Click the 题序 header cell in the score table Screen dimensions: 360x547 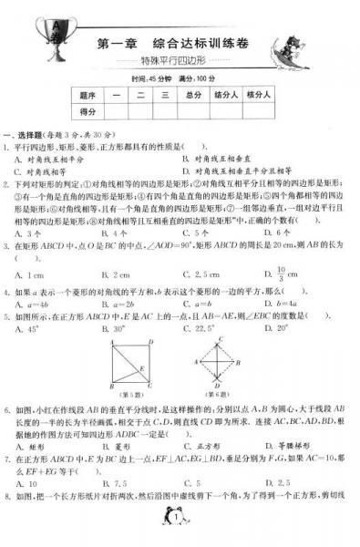point(88,94)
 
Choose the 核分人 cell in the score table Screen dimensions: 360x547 point(261,94)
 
